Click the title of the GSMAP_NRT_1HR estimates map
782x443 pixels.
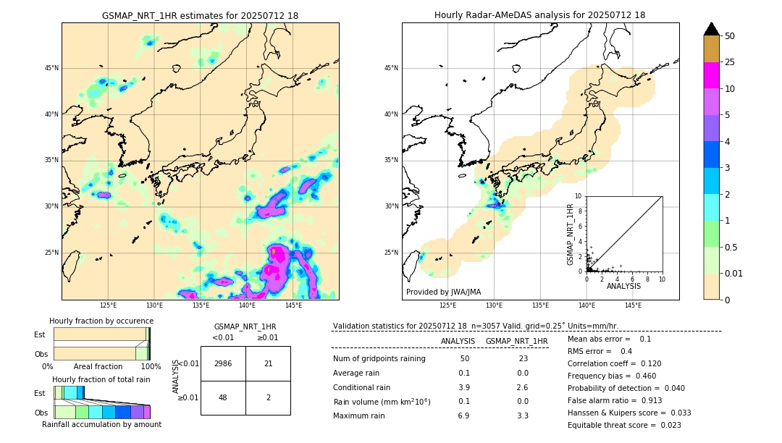[200, 15]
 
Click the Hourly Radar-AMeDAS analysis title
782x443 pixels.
[539, 15]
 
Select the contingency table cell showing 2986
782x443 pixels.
[223, 363]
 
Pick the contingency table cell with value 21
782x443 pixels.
[268, 363]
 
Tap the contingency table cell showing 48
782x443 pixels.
[223, 397]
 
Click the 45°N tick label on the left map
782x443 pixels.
[51, 68]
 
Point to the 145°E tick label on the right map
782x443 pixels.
[633, 305]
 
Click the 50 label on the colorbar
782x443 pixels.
[730, 36]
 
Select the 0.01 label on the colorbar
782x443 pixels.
[734, 273]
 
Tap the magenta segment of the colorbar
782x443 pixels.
[712, 75]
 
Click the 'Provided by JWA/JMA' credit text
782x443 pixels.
[443, 292]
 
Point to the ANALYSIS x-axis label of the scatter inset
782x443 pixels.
[623, 286]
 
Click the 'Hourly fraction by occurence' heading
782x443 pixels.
[101, 321]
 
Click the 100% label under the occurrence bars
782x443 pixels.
[151, 367]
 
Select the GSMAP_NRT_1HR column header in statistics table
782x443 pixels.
[516, 341]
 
